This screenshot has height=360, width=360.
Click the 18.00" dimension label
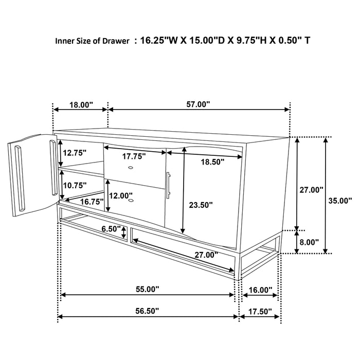tap(81, 104)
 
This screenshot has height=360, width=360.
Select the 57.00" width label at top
tap(199, 104)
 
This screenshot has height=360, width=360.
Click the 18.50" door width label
tap(212, 161)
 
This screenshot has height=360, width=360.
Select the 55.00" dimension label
tap(147, 290)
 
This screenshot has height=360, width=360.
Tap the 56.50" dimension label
tap(147, 311)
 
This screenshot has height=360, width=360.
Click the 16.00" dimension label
tap(260, 290)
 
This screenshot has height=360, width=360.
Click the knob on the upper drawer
tap(131, 169)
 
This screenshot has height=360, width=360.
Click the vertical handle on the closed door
tap(169, 185)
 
